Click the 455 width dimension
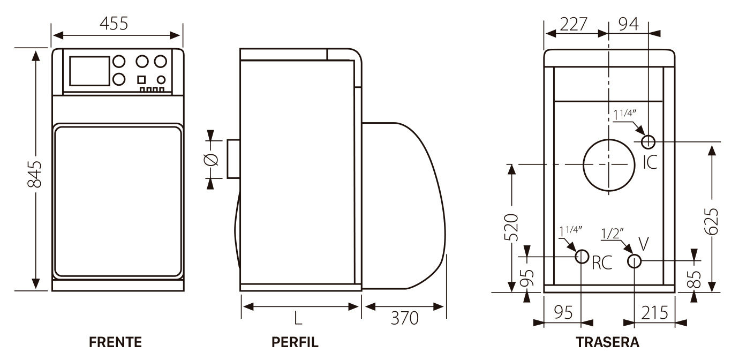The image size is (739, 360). (x=114, y=24)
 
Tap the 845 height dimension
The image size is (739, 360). (x=34, y=174)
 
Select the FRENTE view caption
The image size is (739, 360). (x=116, y=342)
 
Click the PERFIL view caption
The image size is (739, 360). (x=295, y=342)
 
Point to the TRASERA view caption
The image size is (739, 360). (x=608, y=342)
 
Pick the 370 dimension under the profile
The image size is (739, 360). (x=404, y=318)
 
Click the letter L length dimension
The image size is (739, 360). (x=298, y=318)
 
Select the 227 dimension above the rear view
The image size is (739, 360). (x=574, y=24)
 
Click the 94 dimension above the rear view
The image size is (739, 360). (x=629, y=24)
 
